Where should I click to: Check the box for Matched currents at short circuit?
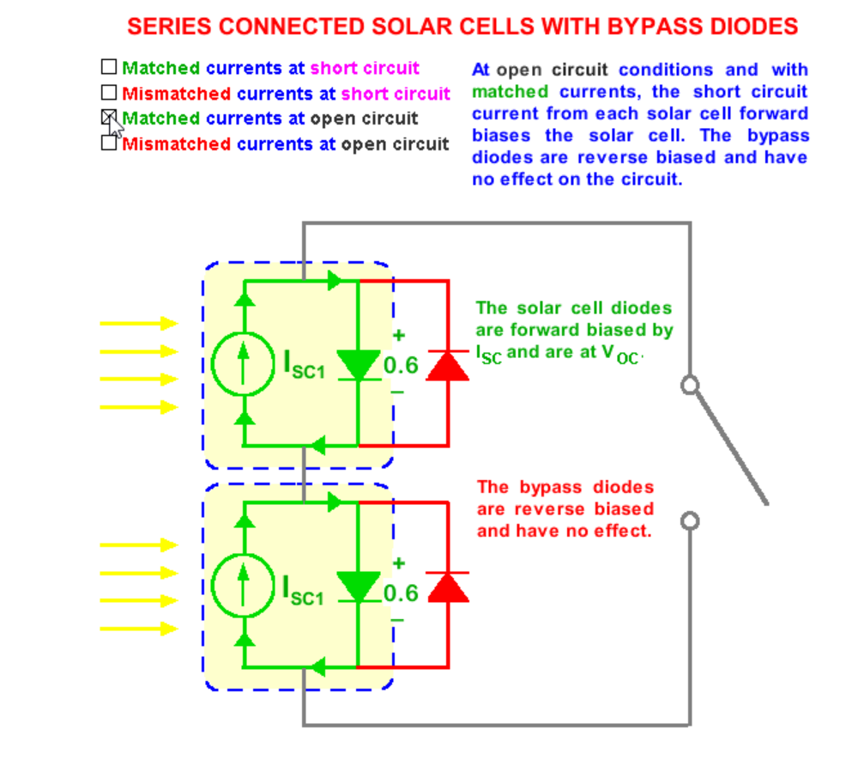click(x=108, y=67)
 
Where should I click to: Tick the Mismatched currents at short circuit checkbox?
click(x=108, y=92)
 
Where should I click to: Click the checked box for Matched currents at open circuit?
click(x=108, y=118)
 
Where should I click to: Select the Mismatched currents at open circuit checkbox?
click(x=108, y=143)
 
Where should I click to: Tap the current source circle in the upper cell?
click(x=244, y=364)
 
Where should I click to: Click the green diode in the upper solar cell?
click(x=358, y=364)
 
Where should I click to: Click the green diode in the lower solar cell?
click(x=358, y=587)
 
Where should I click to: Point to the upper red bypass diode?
click(x=448, y=364)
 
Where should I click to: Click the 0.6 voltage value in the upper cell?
click(x=401, y=365)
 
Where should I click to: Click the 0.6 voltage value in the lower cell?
click(x=401, y=593)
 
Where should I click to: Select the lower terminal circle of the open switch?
click(x=689, y=521)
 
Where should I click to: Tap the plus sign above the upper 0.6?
click(x=399, y=336)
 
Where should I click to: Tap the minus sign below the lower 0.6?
click(x=397, y=620)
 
